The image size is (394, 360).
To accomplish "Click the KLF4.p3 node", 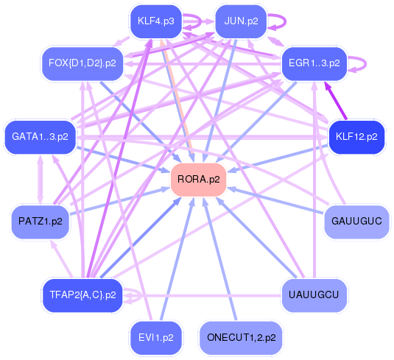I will [155, 21].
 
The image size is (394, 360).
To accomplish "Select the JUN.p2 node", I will [241, 21].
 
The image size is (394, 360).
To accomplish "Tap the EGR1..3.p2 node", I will [314, 63].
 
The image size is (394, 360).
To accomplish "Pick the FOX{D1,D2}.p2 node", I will [82, 63].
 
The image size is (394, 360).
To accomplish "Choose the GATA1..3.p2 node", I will [40, 136].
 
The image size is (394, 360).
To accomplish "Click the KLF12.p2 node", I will [356, 137].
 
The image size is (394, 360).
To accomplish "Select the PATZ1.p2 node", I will [40, 221].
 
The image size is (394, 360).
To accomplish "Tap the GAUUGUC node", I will [356, 221].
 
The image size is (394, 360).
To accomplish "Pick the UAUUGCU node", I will [314, 294].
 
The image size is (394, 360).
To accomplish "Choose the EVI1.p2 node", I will [155, 337].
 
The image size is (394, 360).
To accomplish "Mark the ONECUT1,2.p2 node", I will [241, 337].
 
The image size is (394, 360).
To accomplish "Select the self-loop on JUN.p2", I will [281, 21].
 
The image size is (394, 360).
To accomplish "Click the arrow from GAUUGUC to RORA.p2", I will [280, 201].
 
